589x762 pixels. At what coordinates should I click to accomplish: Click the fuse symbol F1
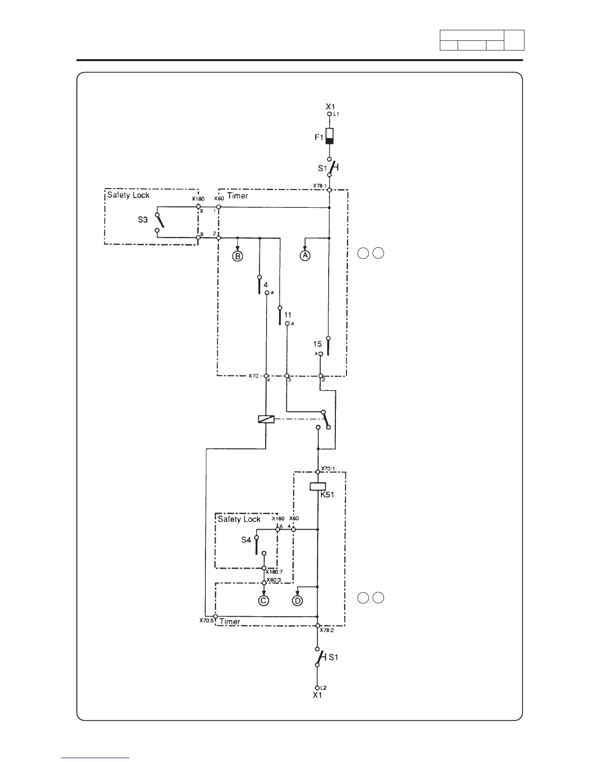click(x=330, y=136)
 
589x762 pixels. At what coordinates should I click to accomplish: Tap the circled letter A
click(x=305, y=255)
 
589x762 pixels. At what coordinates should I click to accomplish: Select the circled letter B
click(x=237, y=256)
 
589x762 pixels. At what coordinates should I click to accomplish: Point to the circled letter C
click(x=263, y=600)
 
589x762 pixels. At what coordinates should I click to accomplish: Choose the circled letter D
click(x=297, y=600)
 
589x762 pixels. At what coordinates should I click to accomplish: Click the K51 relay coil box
click(x=318, y=486)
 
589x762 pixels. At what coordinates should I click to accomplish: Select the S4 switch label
click(x=246, y=540)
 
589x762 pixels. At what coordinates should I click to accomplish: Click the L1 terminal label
click(x=337, y=114)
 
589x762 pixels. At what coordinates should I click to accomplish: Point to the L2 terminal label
click(x=324, y=688)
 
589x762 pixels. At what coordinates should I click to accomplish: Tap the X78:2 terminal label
click(x=327, y=631)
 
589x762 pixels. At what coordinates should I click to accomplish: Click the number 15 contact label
click(x=318, y=344)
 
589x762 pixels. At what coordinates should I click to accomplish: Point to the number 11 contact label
click(x=287, y=315)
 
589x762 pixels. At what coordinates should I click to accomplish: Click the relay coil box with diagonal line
click(x=266, y=419)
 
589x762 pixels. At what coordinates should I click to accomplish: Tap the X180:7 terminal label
click(x=274, y=572)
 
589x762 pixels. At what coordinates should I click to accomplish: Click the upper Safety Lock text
click(x=128, y=195)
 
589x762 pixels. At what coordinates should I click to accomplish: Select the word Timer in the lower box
click(x=230, y=622)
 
